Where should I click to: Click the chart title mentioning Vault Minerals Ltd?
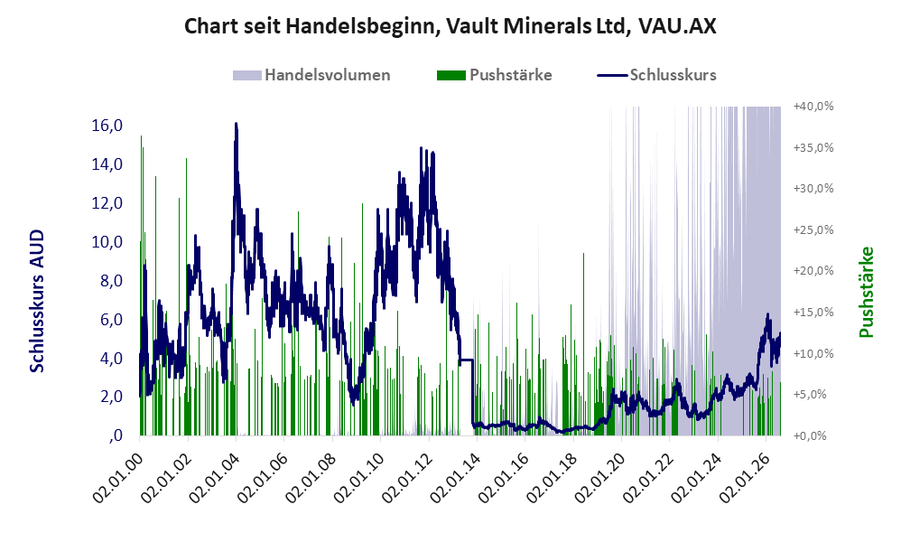click(450, 26)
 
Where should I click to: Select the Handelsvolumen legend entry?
click(311, 75)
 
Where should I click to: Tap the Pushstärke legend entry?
click(494, 75)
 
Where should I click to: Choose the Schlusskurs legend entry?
click(656, 75)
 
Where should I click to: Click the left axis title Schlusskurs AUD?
click(37, 301)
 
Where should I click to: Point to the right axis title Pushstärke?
click(866, 292)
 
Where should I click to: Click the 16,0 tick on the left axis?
click(107, 126)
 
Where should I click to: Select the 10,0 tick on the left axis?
click(107, 241)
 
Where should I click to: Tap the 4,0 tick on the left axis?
click(112, 359)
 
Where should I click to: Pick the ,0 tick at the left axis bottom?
click(116, 435)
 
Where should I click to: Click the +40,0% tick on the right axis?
click(813, 107)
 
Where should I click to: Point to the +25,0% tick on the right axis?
click(813, 230)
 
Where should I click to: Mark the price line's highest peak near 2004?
click(236, 124)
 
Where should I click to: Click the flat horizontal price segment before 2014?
click(466, 360)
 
